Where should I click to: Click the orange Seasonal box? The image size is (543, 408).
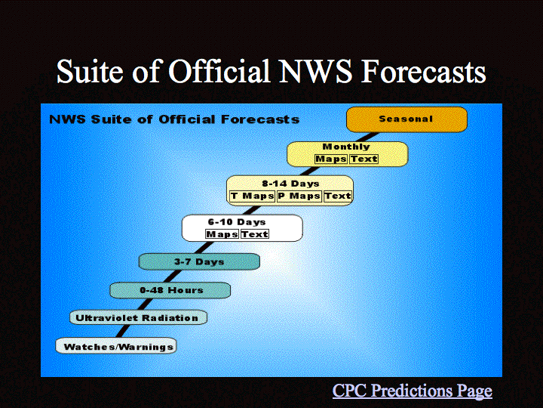[x=406, y=119]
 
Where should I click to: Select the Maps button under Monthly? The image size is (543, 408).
[x=331, y=159]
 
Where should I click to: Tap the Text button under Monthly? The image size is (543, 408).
[x=364, y=159]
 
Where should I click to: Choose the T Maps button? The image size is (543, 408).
[x=253, y=196]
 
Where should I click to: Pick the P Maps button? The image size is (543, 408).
[x=299, y=196]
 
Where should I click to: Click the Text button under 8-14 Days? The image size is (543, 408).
[x=338, y=196]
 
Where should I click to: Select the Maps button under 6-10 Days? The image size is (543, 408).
[x=222, y=234]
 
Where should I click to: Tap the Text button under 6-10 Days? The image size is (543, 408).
[x=255, y=234]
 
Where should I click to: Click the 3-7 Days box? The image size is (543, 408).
[x=199, y=261]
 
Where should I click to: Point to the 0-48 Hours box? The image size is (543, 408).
[x=170, y=290]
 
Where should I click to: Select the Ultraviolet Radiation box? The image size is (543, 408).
[x=138, y=318]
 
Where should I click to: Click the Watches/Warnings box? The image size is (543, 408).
[x=116, y=346]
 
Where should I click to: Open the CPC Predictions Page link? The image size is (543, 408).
[x=412, y=391]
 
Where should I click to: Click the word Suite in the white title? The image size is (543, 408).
[x=90, y=71]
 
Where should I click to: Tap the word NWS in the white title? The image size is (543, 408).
[x=315, y=72]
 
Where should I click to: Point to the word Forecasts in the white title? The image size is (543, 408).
[x=423, y=72]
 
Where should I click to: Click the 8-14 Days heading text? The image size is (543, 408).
[x=290, y=184]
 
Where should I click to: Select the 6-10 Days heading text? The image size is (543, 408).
[x=237, y=221]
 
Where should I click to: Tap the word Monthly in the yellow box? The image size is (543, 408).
[x=346, y=147]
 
